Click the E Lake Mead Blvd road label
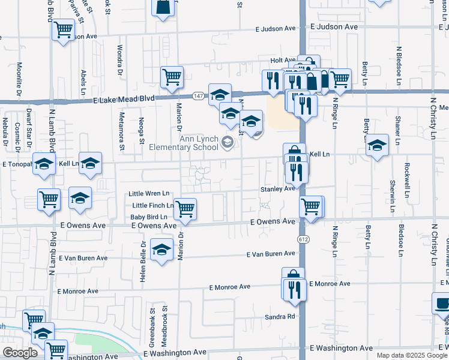point(125,99)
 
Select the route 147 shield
point(197,96)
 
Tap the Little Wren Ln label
point(149,194)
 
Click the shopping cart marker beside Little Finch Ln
point(185,209)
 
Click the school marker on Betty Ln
point(377,146)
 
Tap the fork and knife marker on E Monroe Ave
point(294,289)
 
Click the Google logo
point(20,353)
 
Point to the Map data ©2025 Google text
point(412,355)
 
